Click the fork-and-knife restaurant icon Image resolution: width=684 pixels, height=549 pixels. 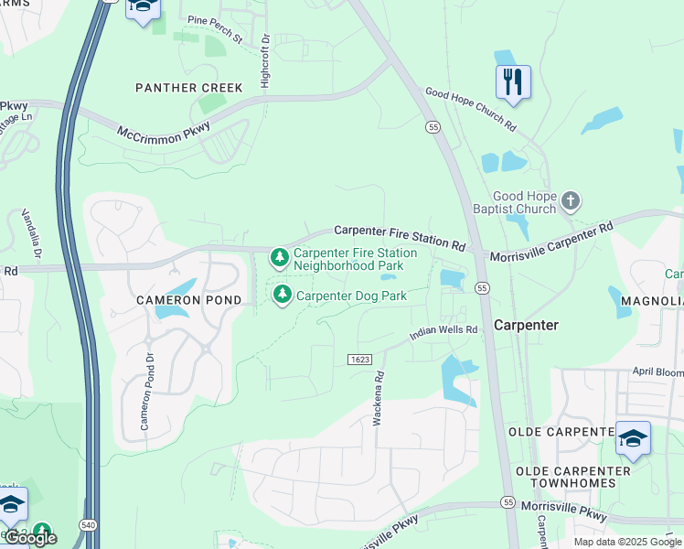tap(513, 82)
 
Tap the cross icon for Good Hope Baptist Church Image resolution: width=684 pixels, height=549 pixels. tap(571, 201)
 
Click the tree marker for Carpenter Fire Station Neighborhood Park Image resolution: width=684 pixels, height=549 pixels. tap(279, 259)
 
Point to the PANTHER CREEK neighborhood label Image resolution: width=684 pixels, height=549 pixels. tap(189, 88)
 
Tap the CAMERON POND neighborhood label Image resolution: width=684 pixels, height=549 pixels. tap(189, 300)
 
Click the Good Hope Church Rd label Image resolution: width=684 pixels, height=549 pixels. tap(471, 109)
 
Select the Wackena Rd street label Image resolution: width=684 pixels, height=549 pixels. tap(378, 397)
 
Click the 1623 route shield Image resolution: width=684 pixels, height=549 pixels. tap(359, 360)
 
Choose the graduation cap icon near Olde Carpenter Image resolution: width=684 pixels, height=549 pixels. tap(633, 438)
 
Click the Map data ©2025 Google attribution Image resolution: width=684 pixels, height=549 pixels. tap(626, 542)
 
